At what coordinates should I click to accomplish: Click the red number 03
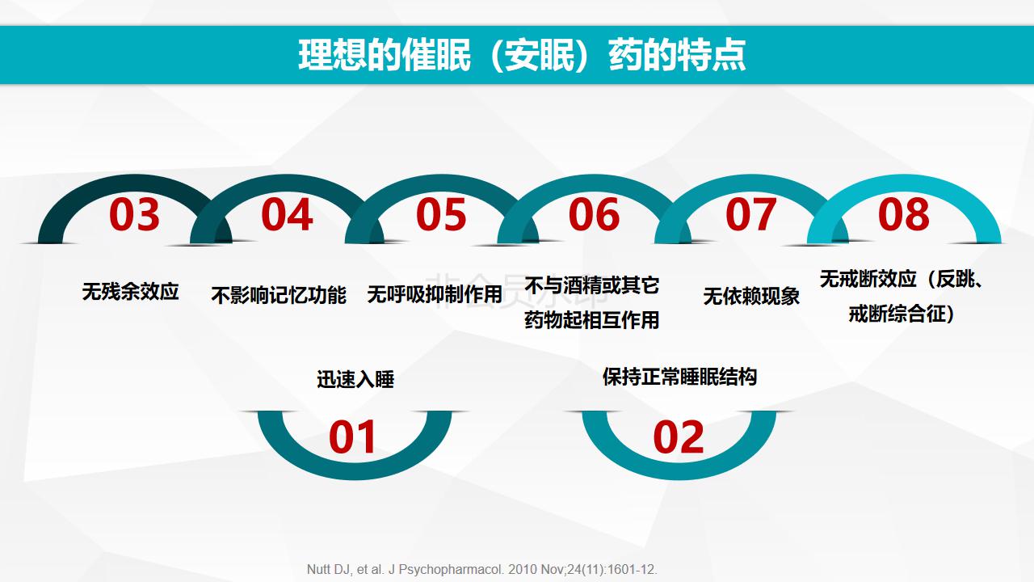[x=134, y=214]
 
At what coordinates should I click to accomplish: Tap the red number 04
[x=287, y=214]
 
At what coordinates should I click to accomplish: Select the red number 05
[x=441, y=214]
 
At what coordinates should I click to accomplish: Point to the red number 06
[x=594, y=214]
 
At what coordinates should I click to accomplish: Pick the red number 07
[x=750, y=214]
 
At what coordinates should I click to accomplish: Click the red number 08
[x=903, y=214]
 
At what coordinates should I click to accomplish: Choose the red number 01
[x=351, y=437]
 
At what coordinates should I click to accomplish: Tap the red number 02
[x=678, y=437]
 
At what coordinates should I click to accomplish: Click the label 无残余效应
[x=131, y=292]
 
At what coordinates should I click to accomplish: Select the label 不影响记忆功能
[x=279, y=296]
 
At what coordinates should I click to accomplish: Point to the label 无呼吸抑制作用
[x=435, y=294]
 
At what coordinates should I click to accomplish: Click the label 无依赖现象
[x=751, y=296]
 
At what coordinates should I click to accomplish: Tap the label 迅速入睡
[x=355, y=380]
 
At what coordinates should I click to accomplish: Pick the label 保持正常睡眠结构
[x=679, y=377]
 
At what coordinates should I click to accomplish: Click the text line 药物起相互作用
[x=592, y=320]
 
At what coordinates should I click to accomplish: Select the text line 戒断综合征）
[x=902, y=314]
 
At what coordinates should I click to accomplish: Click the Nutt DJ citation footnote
[x=482, y=570]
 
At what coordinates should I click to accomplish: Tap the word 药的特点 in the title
[x=677, y=56]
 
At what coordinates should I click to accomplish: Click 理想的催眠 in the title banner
[x=385, y=56]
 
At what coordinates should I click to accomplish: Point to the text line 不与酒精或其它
[x=592, y=285]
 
